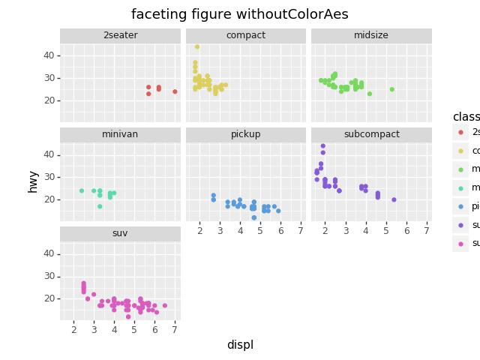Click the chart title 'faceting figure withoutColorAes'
click(240, 14)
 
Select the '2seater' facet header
click(120, 35)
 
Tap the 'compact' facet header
click(246, 35)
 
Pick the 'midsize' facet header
click(371, 35)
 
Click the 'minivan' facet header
click(120, 134)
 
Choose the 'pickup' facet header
click(246, 134)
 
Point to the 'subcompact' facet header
click(371, 134)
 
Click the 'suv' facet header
click(120, 233)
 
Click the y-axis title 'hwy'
click(33, 181)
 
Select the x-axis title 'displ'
click(240, 345)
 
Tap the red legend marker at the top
click(460, 132)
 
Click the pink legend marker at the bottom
click(460, 243)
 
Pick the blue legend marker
click(460, 206)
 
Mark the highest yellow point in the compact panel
click(197, 46)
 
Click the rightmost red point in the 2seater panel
click(175, 91)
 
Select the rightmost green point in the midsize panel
click(391, 89)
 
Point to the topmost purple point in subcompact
click(323, 145)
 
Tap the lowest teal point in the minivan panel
click(100, 206)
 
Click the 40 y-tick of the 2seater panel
click(48, 55)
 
